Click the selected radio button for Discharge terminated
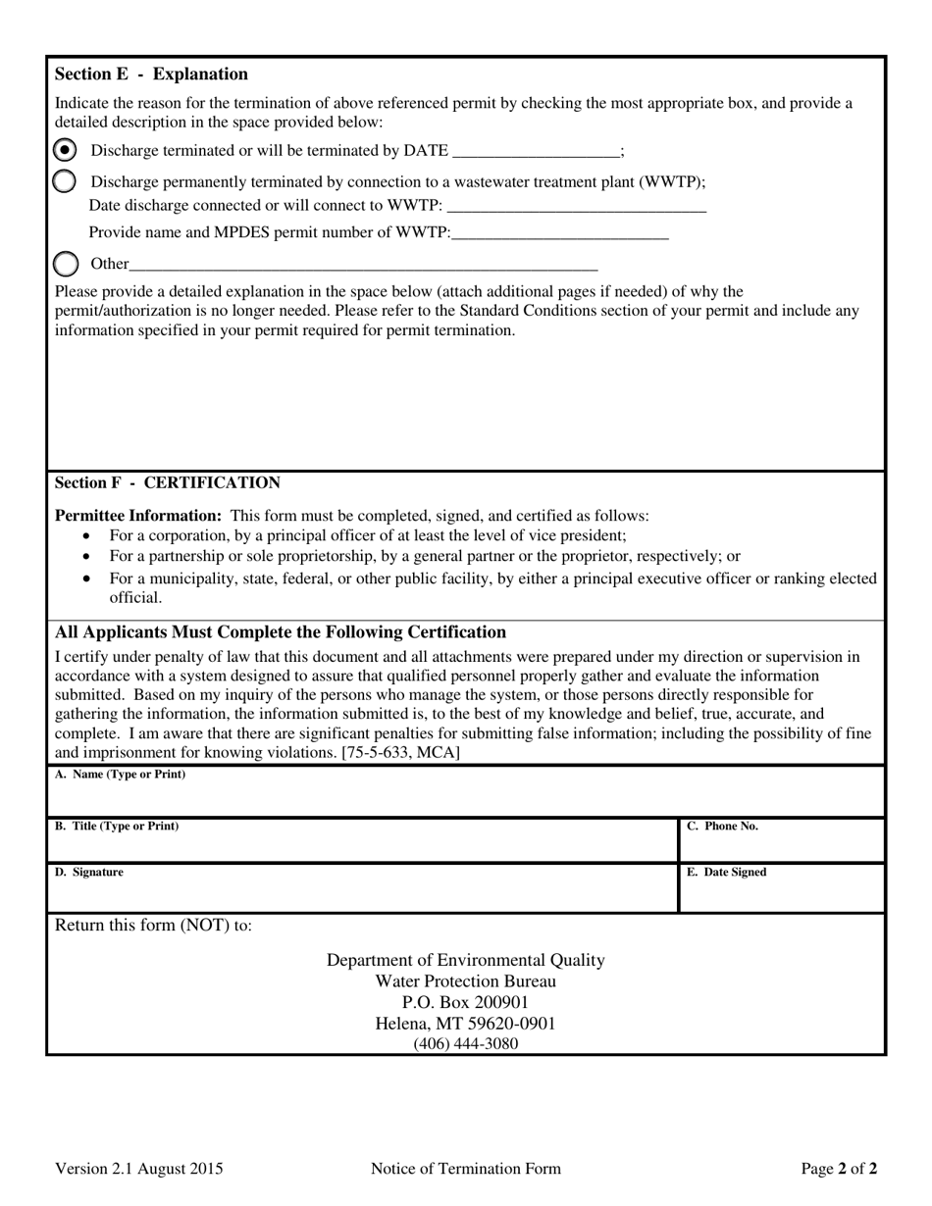(65, 150)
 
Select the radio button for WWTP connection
(65, 181)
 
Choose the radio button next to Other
(65, 264)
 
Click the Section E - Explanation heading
(151, 75)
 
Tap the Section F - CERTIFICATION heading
(167, 482)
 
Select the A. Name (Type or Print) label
(120, 775)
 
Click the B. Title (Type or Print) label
(117, 827)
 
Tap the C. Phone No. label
(722, 827)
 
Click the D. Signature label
(89, 873)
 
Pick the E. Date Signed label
(727, 873)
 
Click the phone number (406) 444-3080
(465, 1044)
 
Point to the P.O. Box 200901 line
(465, 1002)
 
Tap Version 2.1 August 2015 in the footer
(138, 1169)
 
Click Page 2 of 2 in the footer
(839, 1169)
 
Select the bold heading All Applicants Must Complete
(281, 632)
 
